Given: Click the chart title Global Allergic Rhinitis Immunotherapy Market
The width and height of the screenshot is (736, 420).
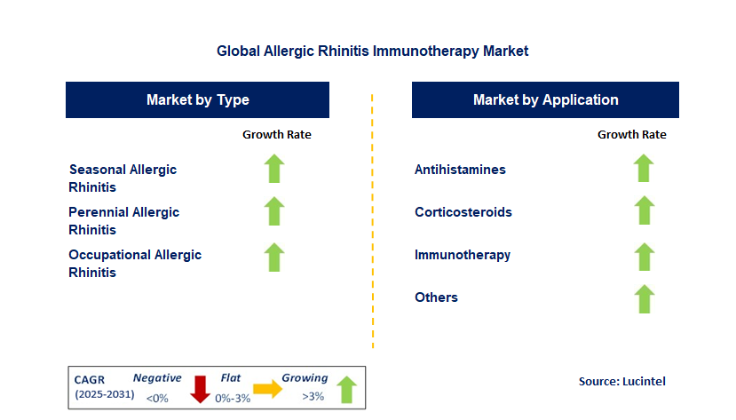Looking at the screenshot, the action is [x=372, y=51].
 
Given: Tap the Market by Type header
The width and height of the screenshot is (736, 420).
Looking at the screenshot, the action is [x=198, y=100].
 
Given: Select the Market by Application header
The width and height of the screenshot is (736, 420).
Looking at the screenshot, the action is [x=545, y=100].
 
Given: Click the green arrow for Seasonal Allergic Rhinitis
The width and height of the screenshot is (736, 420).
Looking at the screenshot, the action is [x=274, y=169].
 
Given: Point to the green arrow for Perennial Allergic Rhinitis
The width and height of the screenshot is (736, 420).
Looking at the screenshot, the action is [x=274, y=211].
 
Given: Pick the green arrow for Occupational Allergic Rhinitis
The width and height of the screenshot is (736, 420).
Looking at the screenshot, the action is [x=274, y=258].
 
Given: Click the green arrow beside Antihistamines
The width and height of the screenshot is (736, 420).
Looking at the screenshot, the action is [x=644, y=168].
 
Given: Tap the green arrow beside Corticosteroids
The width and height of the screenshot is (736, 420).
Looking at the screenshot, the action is [x=644, y=210].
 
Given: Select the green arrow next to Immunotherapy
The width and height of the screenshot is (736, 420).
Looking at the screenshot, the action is [x=644, y=257].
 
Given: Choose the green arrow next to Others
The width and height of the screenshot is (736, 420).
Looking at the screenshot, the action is [x=644, y=299].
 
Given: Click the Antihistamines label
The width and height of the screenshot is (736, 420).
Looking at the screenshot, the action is [x=460, y=170].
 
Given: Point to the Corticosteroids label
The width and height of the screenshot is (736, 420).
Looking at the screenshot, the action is [x=463, y=212].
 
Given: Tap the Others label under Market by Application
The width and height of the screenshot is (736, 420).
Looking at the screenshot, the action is [x=436, y=297].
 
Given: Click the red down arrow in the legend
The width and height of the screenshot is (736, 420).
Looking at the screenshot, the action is [x=200, y=389].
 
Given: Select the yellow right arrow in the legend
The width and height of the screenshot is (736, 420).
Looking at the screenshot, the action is [x=267, y=389].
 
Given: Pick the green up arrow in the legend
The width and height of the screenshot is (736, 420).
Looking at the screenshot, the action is [x=347, y=390].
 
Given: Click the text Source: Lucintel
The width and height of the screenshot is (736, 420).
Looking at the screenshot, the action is [x=622, y=381].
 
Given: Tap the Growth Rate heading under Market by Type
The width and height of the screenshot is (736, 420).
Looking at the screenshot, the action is [x=277, y=135].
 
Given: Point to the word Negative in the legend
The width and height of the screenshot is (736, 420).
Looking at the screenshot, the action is [x=157, y=377].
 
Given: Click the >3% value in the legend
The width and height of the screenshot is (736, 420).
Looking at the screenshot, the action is [x=313, y=397].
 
